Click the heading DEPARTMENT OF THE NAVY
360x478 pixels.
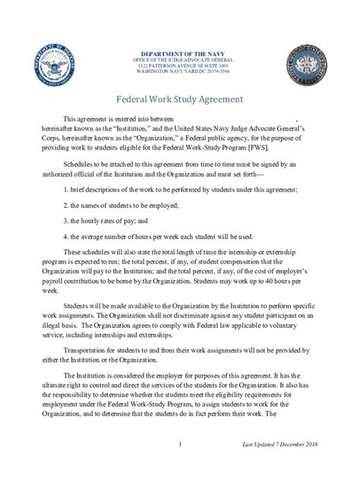click(180, 54)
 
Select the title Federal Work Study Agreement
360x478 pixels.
click(179, 99)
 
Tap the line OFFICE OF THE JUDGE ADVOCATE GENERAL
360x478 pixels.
click(180, 61)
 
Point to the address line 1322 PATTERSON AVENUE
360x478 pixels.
click(180, 67)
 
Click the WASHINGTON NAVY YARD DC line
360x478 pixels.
click(180, 73)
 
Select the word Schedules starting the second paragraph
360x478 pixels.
click(80, 165)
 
